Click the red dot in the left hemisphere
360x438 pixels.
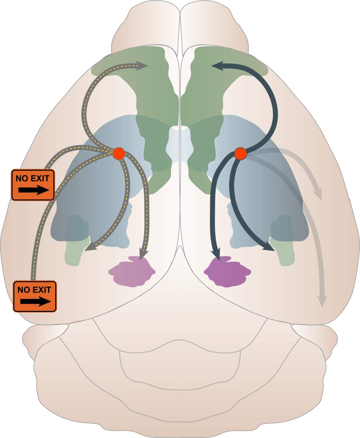pos(119,153)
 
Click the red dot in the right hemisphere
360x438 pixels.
pos(240,153)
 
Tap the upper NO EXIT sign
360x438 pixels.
pos(33,185)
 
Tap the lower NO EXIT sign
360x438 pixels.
pos(35,296)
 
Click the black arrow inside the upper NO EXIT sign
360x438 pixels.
pos(33,190)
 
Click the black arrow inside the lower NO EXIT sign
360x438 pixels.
pos(35,302)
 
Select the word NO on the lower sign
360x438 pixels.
pos(24,290)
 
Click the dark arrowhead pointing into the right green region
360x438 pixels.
pos(217,66)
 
